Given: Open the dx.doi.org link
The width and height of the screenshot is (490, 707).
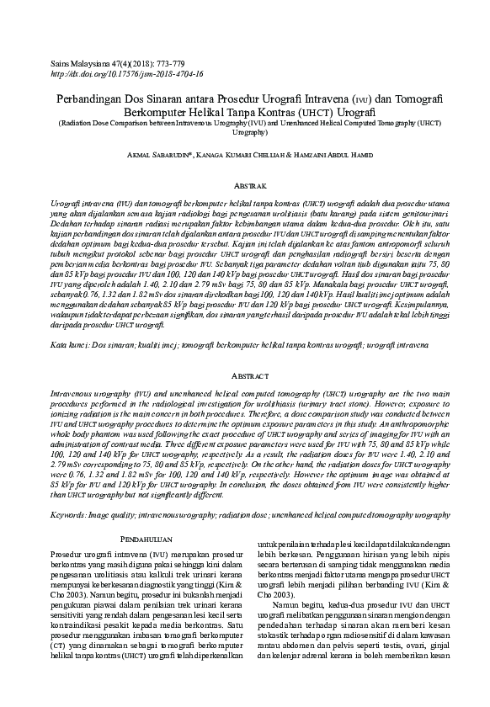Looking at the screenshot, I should [x=127, y=74].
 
